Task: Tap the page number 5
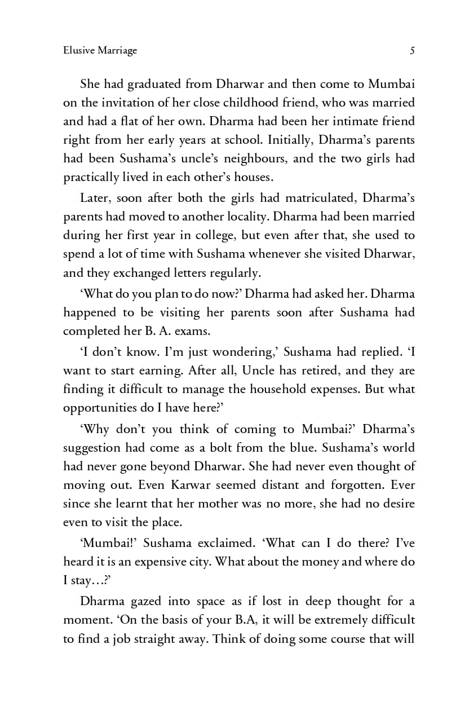pos(413,51)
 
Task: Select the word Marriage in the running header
pos(117,51)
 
